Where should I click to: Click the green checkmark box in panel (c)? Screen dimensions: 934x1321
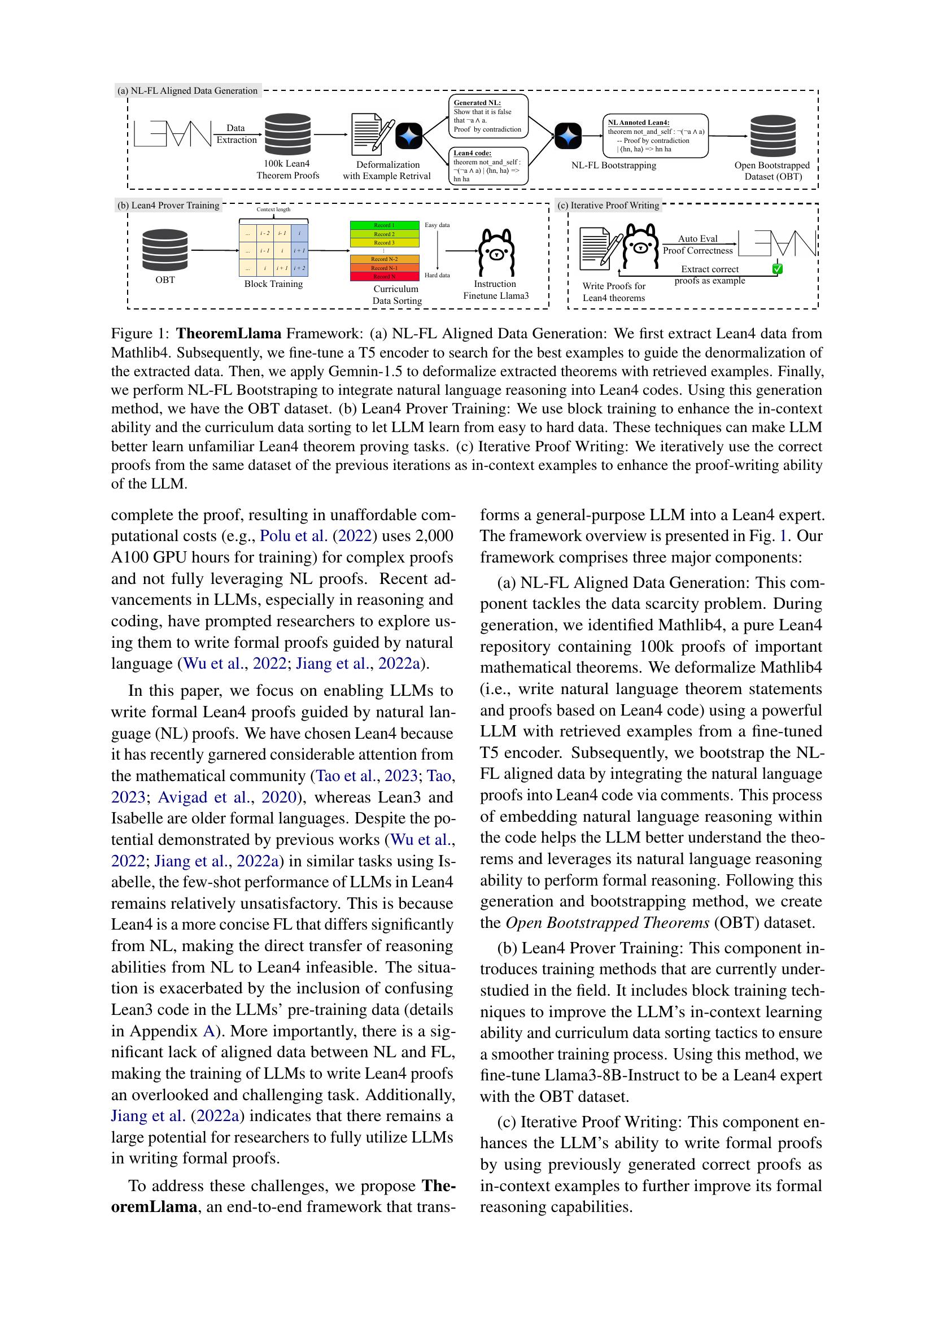777,269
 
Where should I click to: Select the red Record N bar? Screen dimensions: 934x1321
384,277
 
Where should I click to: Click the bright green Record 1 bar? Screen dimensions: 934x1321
384,225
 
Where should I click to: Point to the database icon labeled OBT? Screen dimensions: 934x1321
165,250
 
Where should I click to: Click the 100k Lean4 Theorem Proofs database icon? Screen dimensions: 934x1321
287,134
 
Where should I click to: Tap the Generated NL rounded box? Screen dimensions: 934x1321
488,116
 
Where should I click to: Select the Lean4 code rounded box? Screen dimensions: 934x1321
488,165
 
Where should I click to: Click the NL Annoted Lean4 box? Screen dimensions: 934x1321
655,136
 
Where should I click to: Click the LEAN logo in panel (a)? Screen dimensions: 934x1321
172,133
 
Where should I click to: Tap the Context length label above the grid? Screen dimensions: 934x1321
273,210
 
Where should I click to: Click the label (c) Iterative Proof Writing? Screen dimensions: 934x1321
609,206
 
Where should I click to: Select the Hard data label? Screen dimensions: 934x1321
437,275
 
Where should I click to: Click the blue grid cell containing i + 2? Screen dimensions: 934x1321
300,268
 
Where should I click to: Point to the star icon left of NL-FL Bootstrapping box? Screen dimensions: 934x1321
568,136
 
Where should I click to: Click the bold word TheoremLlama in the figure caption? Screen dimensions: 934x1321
228,334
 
